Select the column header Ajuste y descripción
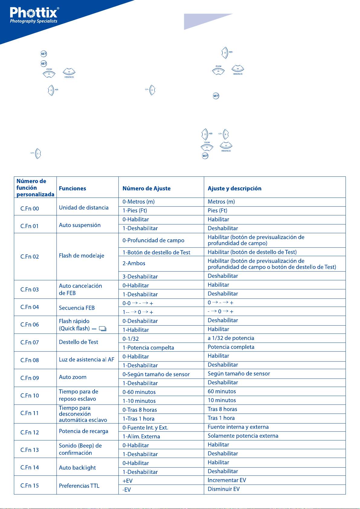pos(234,188)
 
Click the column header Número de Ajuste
pos(146,188)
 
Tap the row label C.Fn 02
pos(30,256)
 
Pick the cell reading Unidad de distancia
pos(84,208)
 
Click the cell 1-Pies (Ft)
pos(135,211)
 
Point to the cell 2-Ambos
pos(134,263)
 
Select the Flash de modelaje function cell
pos(82,256)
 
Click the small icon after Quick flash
pos(103,329)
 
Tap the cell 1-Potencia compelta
pos(148,347)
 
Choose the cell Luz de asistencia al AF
pos(86,359)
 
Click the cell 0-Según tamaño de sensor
pos(156,374)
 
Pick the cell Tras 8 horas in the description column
pos(222,409)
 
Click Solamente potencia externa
pos(243,436)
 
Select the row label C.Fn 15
pos(30,486)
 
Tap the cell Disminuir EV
pos(223,489)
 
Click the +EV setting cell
pos(128,481)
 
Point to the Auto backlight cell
pos(77,468)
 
